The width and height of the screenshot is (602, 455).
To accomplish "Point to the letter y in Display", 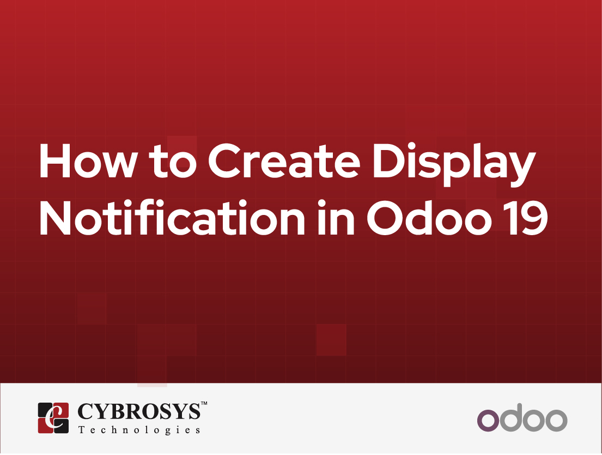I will [522, 169].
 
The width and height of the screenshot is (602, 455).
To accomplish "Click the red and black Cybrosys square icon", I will [53, 418].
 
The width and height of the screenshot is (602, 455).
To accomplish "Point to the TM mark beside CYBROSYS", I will [204, 404].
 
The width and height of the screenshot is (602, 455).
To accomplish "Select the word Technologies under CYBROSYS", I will [139, 430].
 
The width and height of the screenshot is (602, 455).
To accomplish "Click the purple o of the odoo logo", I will [488, 421].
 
